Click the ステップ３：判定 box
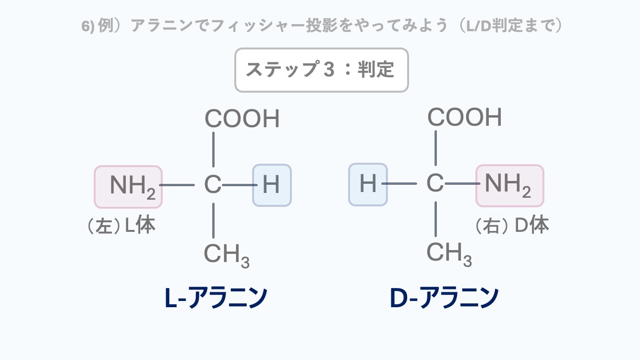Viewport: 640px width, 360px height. (321, 70)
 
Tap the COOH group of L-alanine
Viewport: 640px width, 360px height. (242, 119)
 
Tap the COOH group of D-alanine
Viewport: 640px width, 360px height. (465, 117)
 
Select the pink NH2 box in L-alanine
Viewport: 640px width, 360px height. (129, 186)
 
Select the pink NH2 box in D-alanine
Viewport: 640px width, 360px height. (509, 185)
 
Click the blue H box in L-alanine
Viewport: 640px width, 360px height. (272, 185)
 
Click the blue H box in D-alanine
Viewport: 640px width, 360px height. (368, 184)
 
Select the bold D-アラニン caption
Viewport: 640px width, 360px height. (444, 298)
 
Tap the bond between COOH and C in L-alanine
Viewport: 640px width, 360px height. (213, 149)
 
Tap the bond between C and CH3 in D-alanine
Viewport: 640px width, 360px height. (435, 218)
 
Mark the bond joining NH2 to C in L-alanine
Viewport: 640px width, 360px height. (178, 185)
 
